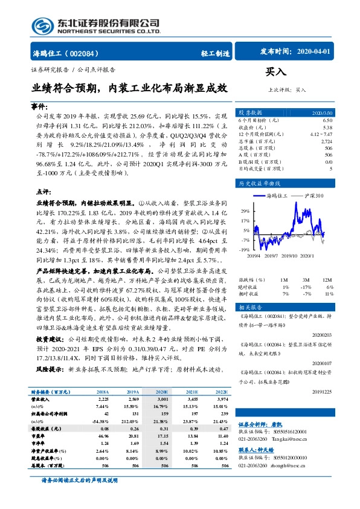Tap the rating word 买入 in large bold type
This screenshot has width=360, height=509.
click(275, 71)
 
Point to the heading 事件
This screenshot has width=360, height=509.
click(39, 106)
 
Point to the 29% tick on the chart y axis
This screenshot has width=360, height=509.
click(245, 211)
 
